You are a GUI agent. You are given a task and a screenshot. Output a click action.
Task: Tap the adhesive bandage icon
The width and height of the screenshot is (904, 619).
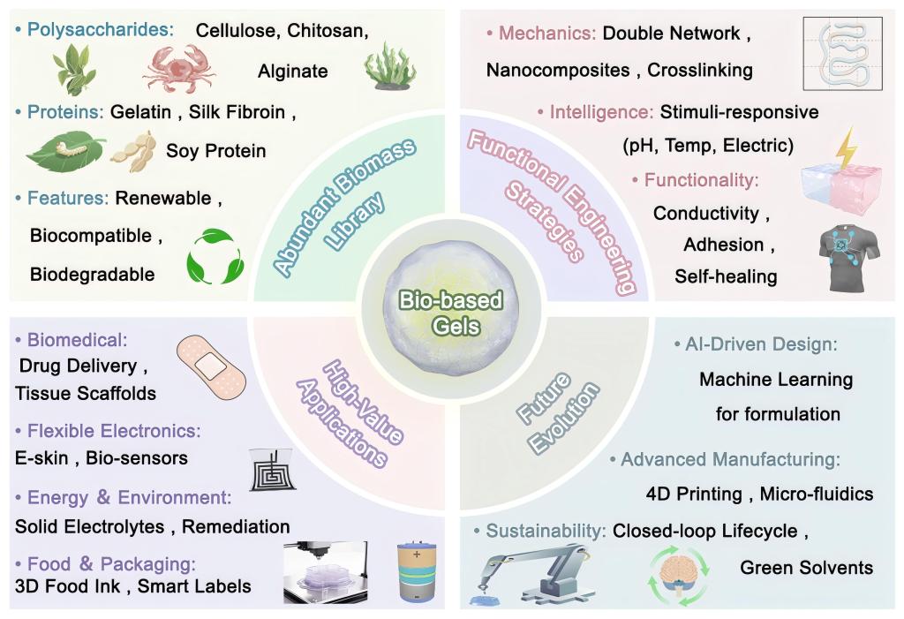coord(211,368)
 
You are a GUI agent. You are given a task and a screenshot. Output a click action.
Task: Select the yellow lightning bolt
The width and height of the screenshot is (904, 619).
coord(846,149)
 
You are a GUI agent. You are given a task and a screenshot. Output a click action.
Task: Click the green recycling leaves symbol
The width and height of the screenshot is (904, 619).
coord(215,257)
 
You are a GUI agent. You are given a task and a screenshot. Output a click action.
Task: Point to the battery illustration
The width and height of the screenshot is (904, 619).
coord(417,571)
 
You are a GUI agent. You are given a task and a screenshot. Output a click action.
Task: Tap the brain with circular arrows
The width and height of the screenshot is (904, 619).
coord(679,575)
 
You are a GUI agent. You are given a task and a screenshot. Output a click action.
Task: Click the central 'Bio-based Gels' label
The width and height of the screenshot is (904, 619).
coord(451,313)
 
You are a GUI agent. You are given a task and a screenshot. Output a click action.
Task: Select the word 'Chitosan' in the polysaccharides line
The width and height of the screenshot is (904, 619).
coord(327,31)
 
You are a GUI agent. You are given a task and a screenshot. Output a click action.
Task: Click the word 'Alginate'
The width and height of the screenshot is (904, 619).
coord(293,71)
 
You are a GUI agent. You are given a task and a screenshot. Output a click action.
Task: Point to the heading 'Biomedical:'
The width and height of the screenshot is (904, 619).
coord(78,340)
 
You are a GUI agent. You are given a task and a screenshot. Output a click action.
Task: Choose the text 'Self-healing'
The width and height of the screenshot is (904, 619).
coord(726,276)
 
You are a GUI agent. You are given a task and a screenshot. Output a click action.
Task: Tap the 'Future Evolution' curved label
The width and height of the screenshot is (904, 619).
coord(557,412)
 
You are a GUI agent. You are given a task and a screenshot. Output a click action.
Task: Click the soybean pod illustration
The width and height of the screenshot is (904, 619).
coord(134,151)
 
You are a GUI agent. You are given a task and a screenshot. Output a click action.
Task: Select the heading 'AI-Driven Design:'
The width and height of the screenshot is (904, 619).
coord(760,344)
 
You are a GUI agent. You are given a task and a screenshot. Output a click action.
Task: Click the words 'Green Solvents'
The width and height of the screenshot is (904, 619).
coord(807,568)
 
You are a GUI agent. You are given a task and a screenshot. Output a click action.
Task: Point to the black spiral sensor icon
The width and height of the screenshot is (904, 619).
coord(273,470)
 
